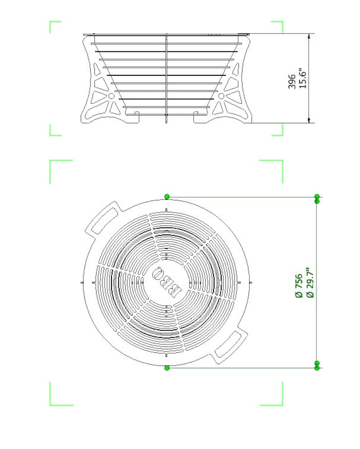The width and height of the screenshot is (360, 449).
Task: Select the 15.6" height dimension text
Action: (x=303, y=78)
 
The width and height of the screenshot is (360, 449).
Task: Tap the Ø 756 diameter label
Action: (x=298, y=285)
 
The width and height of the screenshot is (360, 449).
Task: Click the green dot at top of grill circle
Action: (x=167, y=196)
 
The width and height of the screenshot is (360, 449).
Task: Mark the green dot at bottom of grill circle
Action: (x=167, y=368)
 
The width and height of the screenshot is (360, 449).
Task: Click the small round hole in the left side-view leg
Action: (x=111, y=96)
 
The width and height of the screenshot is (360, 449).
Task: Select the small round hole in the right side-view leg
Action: (x=221, y=96)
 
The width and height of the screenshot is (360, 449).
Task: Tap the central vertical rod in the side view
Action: (x=167, y=77)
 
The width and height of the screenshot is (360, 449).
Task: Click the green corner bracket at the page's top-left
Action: (x=54, y=26)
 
